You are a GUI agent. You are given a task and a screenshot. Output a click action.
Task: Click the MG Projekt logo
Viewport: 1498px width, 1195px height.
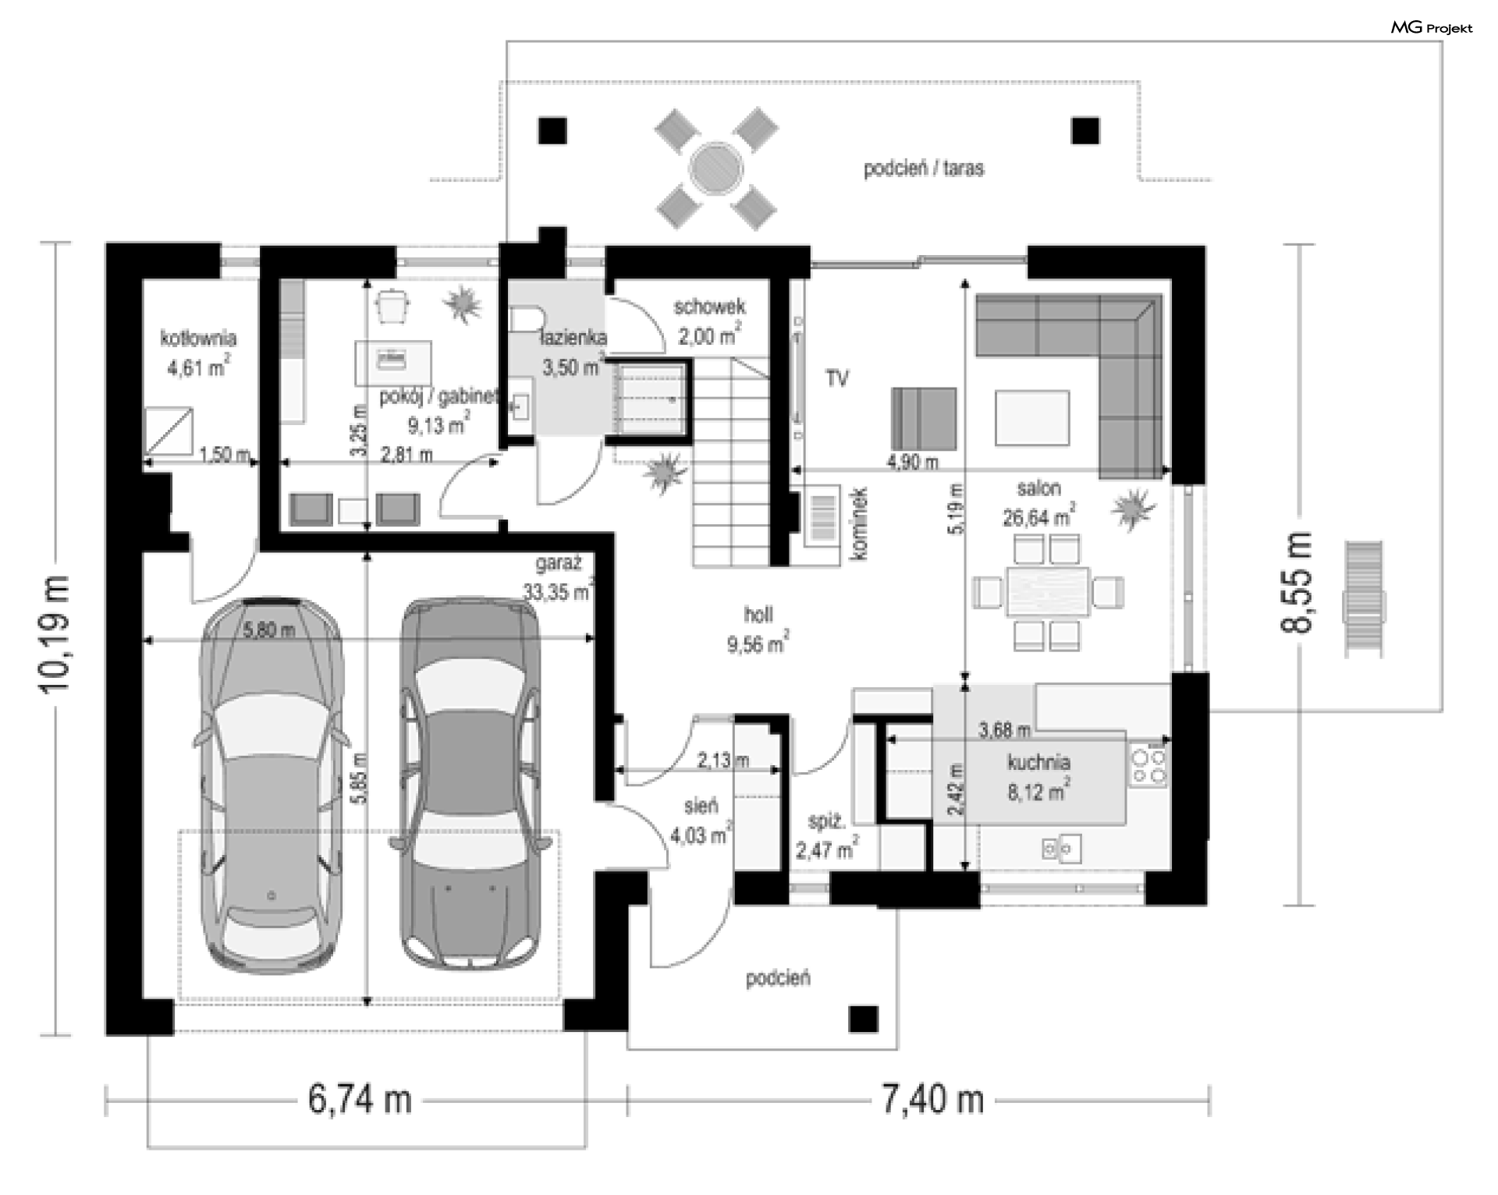[1432, 28]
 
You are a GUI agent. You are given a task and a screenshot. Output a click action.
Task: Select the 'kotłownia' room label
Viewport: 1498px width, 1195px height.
[198, 339]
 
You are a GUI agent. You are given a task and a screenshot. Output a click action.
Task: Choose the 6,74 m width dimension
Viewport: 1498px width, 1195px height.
[360, 1101]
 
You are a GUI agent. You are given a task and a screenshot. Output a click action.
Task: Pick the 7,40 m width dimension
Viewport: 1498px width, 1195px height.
[933, 1101]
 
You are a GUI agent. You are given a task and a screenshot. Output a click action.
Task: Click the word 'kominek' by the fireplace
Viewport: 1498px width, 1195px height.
[859, 523]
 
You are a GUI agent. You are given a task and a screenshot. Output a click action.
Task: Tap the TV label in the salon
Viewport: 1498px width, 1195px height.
[837, 379]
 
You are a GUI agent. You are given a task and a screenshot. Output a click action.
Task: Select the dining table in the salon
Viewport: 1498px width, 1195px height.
[1048, 592]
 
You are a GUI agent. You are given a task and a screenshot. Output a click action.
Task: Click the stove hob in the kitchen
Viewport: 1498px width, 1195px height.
[1148, 765]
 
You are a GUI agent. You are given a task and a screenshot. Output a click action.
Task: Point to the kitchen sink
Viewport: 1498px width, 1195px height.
[1061, 848]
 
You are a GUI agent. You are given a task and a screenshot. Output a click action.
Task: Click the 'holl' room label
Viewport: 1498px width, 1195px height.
[758, 615]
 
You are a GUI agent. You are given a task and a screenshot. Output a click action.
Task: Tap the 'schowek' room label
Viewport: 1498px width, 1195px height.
[709, 307]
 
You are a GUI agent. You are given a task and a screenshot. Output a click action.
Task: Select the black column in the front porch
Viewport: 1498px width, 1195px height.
[864, 1019]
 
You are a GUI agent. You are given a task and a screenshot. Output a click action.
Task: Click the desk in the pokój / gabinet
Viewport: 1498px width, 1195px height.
[393, 363]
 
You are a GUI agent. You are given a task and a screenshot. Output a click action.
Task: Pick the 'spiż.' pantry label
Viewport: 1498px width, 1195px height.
[826, 823]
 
